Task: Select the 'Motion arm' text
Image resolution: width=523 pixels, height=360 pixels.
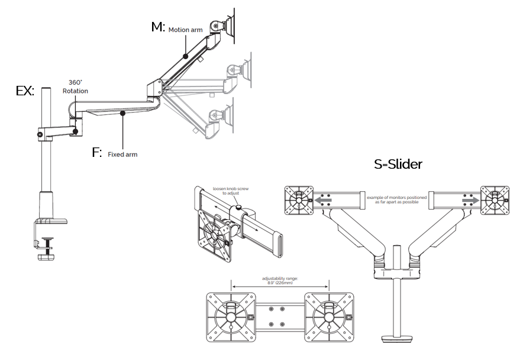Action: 186,30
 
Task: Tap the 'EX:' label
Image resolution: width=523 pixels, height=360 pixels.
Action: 25,91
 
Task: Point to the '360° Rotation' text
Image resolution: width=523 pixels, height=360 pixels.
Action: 75,87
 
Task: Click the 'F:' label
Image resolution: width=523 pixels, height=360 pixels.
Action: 97,153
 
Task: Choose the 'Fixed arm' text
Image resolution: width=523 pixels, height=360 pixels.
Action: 122,155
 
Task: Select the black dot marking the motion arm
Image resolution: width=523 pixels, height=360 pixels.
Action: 186,56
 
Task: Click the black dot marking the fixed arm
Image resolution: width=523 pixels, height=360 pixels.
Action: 122,112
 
